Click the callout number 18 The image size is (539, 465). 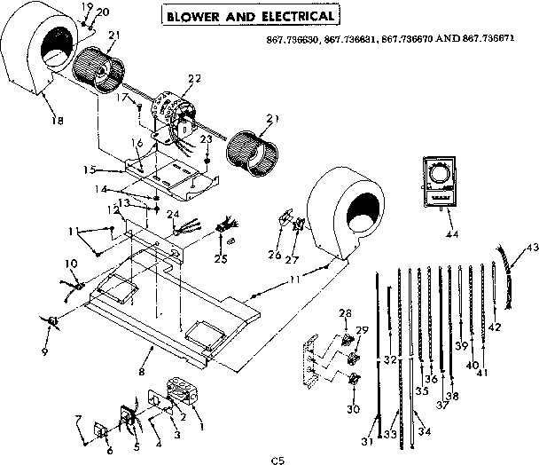[x=35, y=122]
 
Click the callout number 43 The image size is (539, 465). [x=532, y=247]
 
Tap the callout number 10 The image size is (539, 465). [x=71, y=264]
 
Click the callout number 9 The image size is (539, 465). [x=46, y=338]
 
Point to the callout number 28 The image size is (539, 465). [x=344, y=312]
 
